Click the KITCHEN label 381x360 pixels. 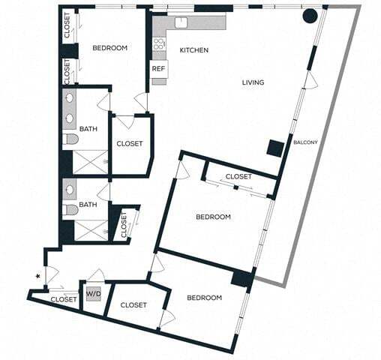[x=193, y=50]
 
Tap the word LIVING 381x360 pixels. [x=253, y=82]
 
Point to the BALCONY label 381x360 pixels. [x=305, y=142]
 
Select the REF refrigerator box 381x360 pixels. [x=158, y=69]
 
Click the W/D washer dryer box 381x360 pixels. [x=94, y=294]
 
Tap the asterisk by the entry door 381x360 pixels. [x=38, y=277]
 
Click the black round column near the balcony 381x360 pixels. [x=309, y=15]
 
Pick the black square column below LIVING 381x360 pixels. [x=275, y=148]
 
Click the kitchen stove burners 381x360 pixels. [x=158, y=46]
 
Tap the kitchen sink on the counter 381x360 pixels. [x=181, y=21]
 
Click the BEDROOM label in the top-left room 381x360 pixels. [x=109, y=48]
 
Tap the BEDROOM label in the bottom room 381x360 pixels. [x=204, y=298]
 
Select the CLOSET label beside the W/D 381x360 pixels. [x=133, y=304]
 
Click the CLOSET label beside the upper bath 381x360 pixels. [x=129, y=144]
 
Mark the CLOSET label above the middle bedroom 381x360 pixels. [x=238, y=176]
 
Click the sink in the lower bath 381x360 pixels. [x=70, y=190]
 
